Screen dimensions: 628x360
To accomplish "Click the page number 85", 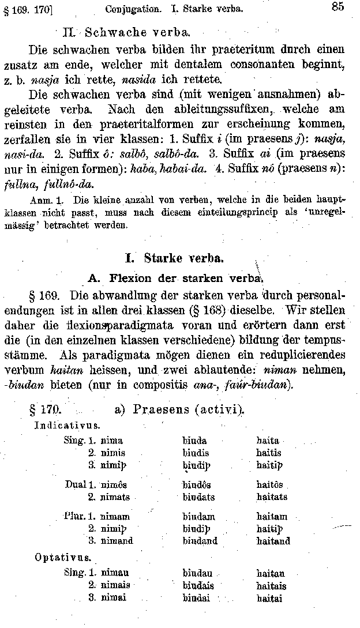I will pyautogui.click(x=339, y=7).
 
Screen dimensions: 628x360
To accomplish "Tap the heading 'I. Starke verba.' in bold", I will pyautogui.click(x=179, y=257).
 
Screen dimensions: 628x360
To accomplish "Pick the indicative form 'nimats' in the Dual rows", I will pyautogui.click(x=115, y=497).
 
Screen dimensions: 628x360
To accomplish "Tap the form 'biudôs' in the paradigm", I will pyautogui.click(x=197, y=484).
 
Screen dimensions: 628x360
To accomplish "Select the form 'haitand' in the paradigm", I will pyautogui.click(x=273, y=541).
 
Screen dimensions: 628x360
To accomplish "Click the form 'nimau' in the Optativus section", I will pyautogui.click(x=115, y=573).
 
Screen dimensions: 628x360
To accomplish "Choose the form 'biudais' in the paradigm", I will pyautogui.click(x=198, y=586).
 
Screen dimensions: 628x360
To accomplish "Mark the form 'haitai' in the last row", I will pyautogui.click(x=269, y=599).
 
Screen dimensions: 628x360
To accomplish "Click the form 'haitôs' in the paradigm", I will pyautogui.click(x=269, y=484).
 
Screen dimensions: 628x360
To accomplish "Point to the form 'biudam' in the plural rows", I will pyautogui.click(x=198, y=517).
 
